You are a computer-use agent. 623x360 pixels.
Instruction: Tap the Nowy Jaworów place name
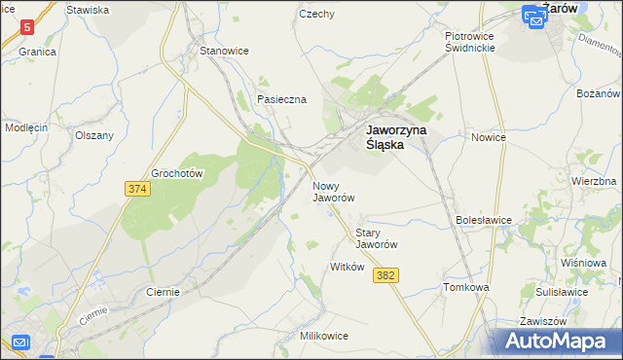pyautogui.click(x=333, y=191)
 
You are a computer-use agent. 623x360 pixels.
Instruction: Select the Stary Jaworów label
pyautogui.click(x=379, y=238)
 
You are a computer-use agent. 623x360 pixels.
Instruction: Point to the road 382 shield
pyautogui.click(x=385, y=276)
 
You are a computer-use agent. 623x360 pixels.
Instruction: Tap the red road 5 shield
pyautogui.click(x=27, y=27)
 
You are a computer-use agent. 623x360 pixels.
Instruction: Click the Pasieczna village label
pyautogui.click(x=281, y=99)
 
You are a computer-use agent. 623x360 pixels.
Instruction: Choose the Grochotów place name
pyautogui.click(x=176, y=174)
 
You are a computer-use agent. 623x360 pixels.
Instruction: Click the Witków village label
pyautogui.click(x=347, y=267)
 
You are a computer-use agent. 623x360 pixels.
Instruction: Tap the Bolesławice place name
pyautogui.click(x=484, y=220)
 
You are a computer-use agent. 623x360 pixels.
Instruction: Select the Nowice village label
pyautogui.click(x=489, y=137)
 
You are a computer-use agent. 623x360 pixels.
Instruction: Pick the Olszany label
pyautogui.click(x=94, y=136)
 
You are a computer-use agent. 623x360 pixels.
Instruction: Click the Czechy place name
pyautogui.click(x=317, y=15)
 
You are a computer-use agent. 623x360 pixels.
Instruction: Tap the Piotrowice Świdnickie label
pyautogui.click(x=470, y=42)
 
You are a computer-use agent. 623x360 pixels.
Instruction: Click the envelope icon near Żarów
pyautogui.click(x=534, y=17)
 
